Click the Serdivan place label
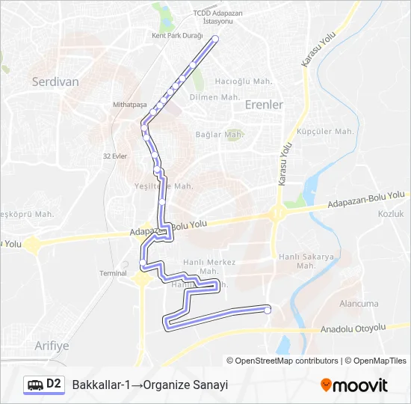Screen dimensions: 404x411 point(55,83)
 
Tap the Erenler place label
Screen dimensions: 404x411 point(264,105)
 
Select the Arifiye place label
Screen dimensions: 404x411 point(52,345)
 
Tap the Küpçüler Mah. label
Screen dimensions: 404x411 point(325,131)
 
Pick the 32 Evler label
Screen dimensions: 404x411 point(115,156)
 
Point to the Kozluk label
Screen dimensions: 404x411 point(390,214)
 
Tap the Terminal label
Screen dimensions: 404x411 point(114,273)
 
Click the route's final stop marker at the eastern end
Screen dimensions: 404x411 point(268,308)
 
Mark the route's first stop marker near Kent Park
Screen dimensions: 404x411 point(215,39)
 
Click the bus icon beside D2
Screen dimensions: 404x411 point(35,385)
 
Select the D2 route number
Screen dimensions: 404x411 point(54,384)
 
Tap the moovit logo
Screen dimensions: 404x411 point(354,385)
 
